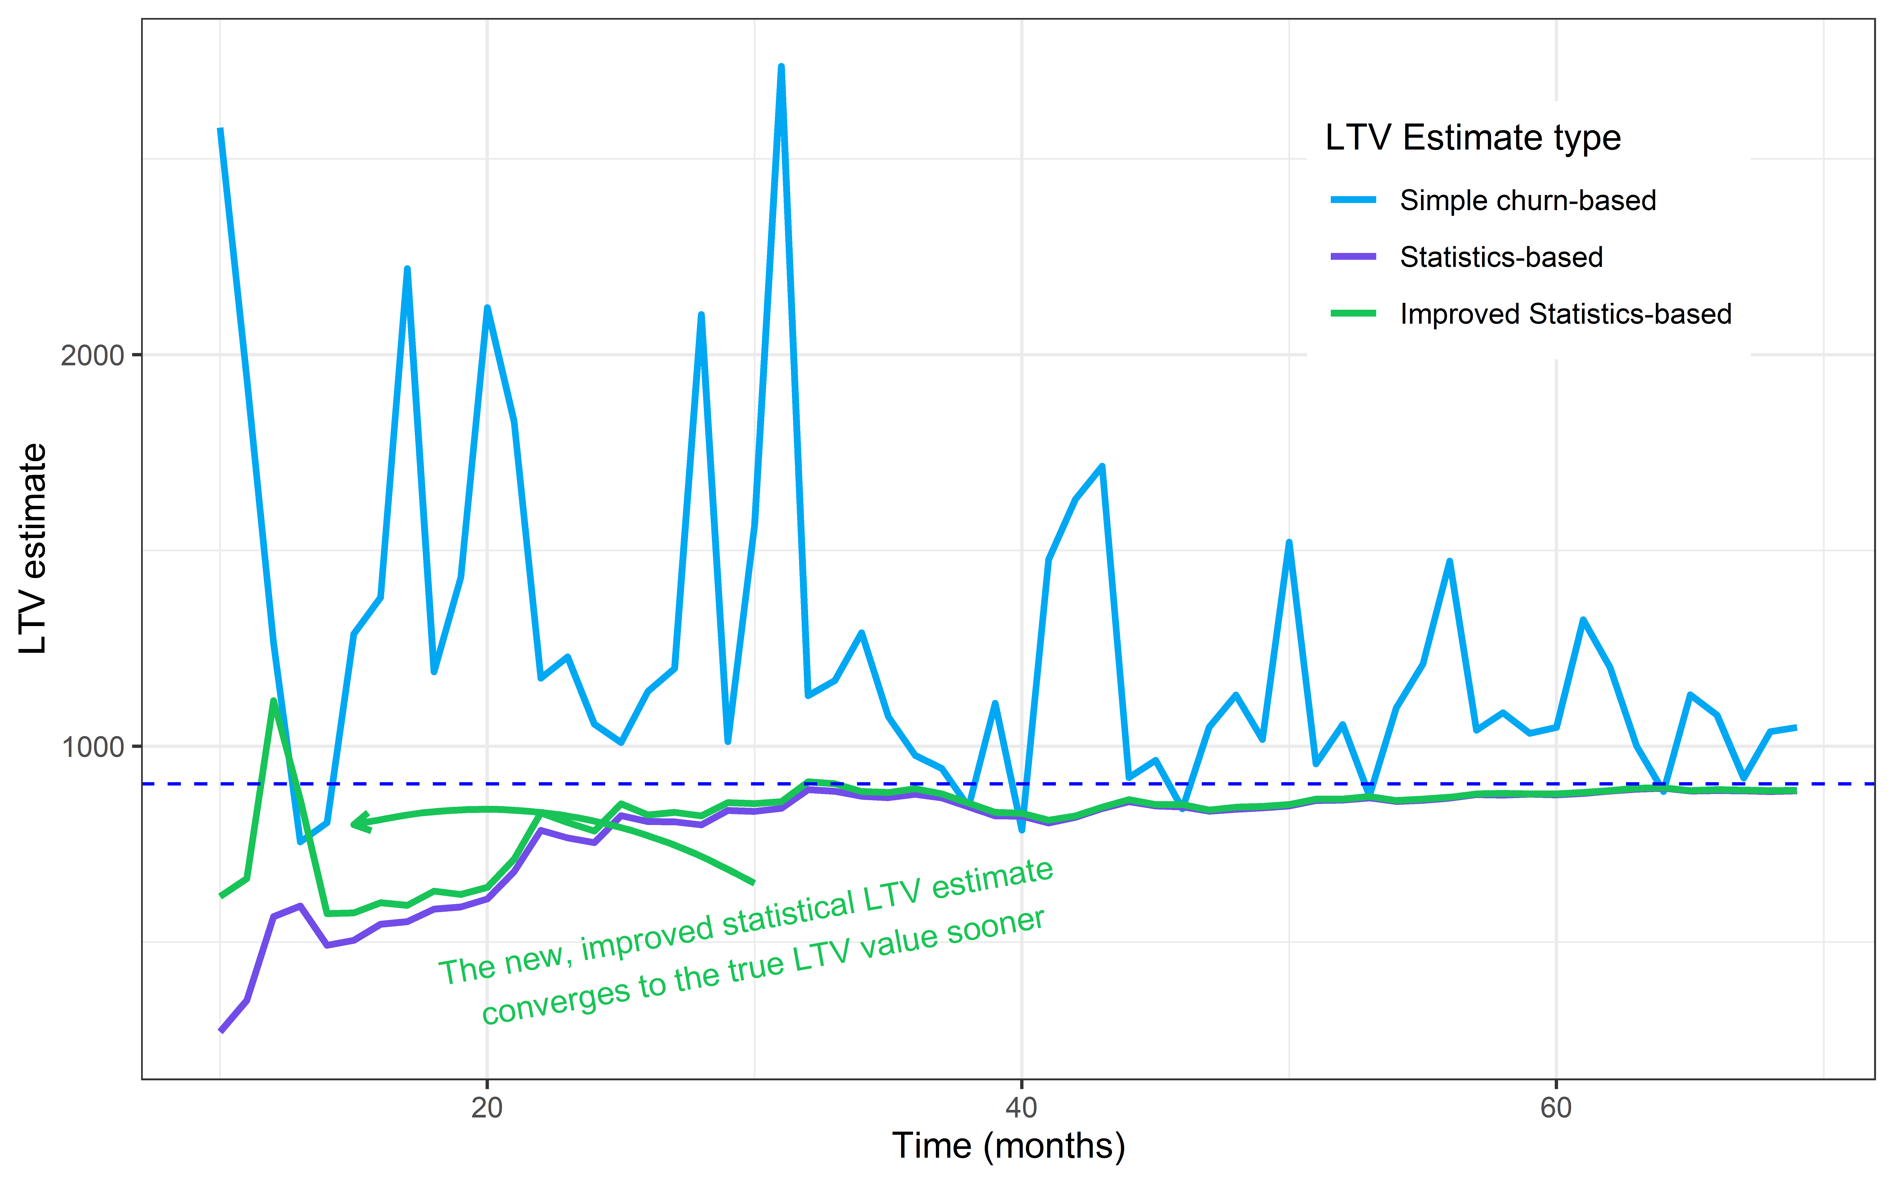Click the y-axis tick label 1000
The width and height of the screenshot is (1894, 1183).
point(92,746)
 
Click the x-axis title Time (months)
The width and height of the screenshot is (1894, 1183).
point(1008,1146)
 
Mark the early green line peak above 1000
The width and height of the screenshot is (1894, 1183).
point(273,701)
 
